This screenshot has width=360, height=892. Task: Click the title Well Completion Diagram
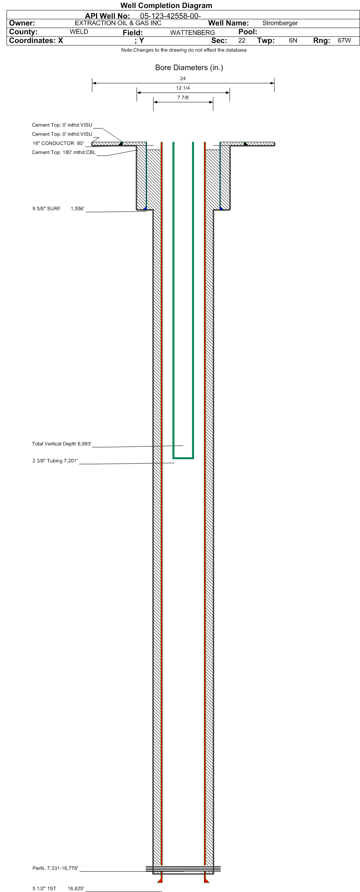(x=166, y=5)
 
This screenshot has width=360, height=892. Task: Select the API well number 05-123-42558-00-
(x=171, y=16)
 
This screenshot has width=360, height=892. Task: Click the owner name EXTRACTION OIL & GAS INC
(x=118, y=23)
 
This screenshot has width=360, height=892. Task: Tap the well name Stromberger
(x=280, y=23)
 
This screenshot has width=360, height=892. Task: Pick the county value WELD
(x=79, y=32)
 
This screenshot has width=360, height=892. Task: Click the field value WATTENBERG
(x=193, y=33)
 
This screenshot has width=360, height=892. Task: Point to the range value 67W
(x=344, y=41)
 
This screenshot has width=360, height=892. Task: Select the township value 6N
(x=293, y=41)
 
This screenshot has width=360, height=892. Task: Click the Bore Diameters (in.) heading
(x=189, y=68)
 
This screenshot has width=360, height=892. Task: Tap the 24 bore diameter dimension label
(x=183, y=79)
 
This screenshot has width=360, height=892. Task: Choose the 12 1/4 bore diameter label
(x=183, y=88)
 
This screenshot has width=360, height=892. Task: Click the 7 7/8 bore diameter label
(x=183, y=98)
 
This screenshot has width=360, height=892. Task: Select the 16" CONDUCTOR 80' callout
(x=58, y=144)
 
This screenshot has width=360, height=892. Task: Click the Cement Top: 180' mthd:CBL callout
(x=64, y=153)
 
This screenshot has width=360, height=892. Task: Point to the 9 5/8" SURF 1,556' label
(x=58, y=209)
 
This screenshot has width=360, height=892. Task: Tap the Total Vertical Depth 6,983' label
(x=62, y=444)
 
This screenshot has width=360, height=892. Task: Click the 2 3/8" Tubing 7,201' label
(x=55, y=461)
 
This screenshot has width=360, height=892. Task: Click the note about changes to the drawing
(x=184, y=50)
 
